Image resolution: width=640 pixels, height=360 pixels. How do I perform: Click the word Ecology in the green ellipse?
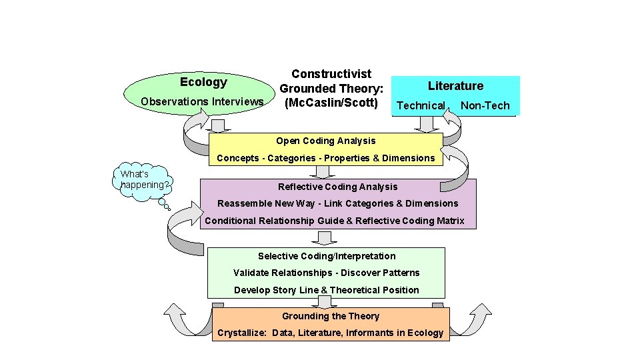[203, 82]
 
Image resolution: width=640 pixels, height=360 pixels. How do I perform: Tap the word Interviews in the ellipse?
[238, 101]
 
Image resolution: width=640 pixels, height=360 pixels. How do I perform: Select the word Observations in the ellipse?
[175, 101]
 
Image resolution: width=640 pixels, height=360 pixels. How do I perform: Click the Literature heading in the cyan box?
[455, 85]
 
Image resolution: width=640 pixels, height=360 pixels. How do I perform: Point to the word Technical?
[420, 105]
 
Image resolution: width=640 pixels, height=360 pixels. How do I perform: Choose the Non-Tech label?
[485, 105]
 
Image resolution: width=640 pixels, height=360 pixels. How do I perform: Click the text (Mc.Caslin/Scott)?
[331, 103]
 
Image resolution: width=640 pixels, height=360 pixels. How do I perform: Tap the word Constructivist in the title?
[331, 73]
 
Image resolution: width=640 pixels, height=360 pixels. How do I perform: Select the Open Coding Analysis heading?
[325, 141]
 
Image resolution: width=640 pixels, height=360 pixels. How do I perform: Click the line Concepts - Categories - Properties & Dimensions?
[325, 158]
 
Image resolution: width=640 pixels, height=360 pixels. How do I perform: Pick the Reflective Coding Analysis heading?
[337, 187]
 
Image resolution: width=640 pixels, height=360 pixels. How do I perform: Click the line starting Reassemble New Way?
[337, 203]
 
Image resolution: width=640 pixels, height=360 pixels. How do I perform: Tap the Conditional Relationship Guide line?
[334, 221]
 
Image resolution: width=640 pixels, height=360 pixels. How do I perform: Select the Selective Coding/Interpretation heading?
[327, 256]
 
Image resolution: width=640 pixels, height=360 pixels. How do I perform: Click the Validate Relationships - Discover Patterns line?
[327, 273]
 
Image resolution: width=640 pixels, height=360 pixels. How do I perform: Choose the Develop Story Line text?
[327, 290]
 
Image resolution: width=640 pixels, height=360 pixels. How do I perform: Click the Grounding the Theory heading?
[331, 316]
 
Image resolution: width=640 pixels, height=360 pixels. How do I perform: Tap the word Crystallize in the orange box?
[241, 333]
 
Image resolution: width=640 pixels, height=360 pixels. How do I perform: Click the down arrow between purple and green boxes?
[326, 238]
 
